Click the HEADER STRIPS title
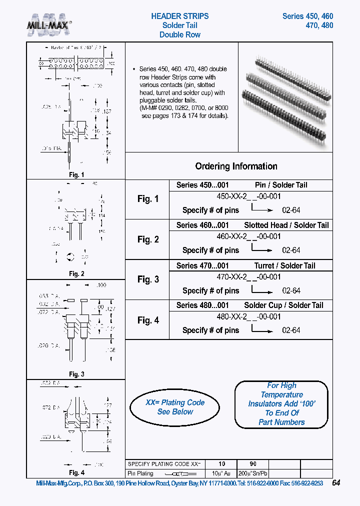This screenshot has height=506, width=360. coord(180,16)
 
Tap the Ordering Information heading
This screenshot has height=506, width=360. coord(236,166)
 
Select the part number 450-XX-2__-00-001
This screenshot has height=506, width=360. coord(248,196)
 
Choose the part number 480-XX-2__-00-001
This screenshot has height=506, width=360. coord(248,316)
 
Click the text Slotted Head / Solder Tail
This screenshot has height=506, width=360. coord(286,225)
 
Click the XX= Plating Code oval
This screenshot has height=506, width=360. coord(174,407)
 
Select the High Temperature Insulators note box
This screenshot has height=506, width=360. coord(281,404)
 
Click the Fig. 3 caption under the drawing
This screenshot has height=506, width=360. coord(76,374)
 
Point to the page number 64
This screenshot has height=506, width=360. coord(336,483)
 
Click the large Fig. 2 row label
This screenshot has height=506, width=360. coord(148,239)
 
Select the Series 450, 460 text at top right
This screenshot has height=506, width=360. coord(307,16)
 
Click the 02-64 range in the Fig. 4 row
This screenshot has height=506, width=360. coord(291,330)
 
